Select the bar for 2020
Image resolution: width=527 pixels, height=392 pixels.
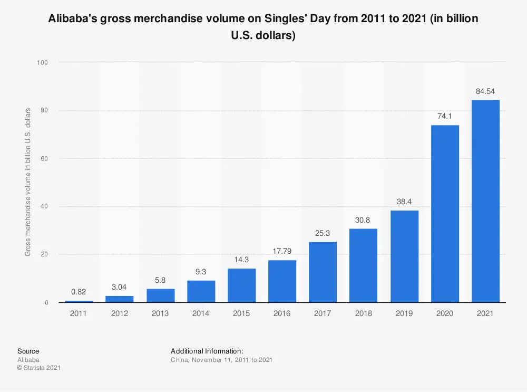coord(445,214)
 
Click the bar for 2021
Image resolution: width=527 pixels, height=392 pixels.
coord(485,201)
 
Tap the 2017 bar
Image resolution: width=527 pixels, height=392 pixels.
coord(323,272)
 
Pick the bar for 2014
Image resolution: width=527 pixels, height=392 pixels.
coord(201,291)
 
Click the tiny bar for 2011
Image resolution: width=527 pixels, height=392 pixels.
coord(79,301)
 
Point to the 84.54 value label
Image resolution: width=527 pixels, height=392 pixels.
coord(485,91)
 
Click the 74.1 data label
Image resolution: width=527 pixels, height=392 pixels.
coord(445,117)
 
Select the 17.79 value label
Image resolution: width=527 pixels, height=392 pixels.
coord(282,252)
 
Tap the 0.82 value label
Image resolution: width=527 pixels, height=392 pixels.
coord(79,292)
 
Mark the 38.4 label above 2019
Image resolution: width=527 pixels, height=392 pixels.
coord(404,202)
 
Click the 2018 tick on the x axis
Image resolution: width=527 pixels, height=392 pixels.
coord(364,313)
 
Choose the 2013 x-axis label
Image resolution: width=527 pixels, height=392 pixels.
coord(160,313)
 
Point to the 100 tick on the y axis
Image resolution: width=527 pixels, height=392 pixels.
coord(43,63)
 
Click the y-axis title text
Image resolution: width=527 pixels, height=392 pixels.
coord(28,182)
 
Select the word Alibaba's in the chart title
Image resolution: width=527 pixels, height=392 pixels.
coord(73,20)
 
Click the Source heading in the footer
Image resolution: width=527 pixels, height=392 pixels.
coord(28,351)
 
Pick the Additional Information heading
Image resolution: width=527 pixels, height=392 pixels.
coord(207,351)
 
